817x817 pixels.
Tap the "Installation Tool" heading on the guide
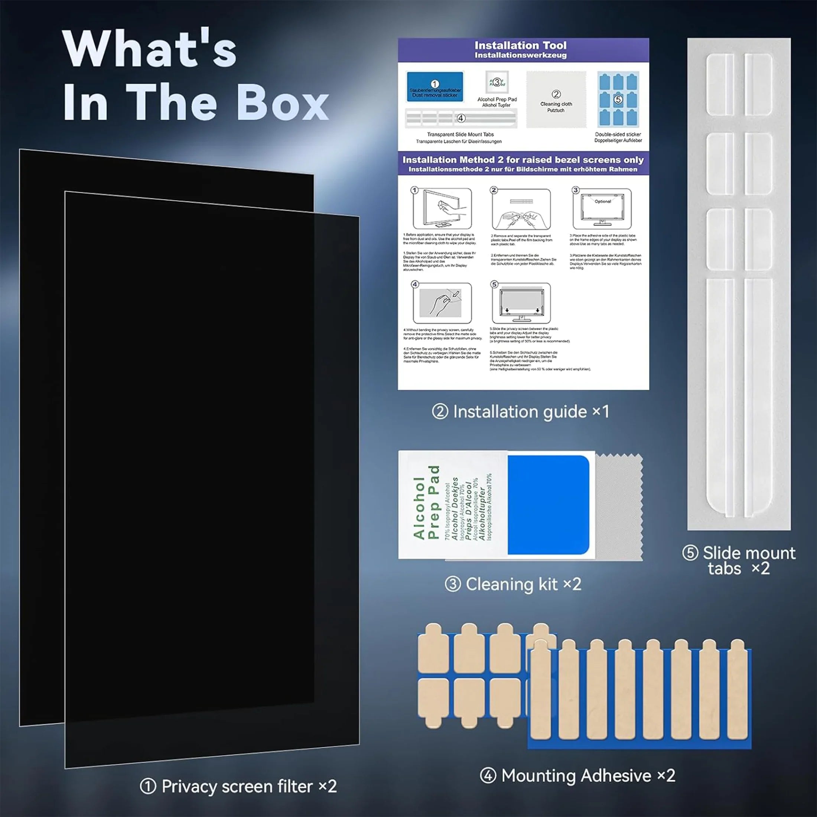pos(520,45)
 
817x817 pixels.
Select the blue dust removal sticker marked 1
pos(435,87)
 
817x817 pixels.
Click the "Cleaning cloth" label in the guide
pos(556,104)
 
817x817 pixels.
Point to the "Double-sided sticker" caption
pos(618,134)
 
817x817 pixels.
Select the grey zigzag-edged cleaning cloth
pos(619,507)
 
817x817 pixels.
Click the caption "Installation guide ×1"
pos(521,412)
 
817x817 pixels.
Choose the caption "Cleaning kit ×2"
pos(513,585)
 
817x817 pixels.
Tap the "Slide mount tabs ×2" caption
pos(739,561)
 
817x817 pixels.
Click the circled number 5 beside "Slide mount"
pos(690,553)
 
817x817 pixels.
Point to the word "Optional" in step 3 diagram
pos(603,201)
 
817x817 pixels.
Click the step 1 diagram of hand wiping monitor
pos(442,208)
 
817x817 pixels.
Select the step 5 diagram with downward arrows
pos(521,303)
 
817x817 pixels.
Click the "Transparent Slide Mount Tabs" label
pos(460,134)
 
